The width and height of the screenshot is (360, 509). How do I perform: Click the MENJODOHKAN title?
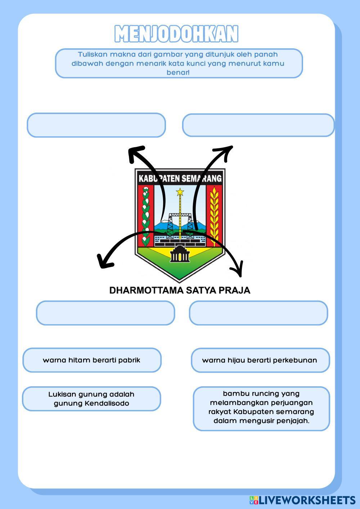[x=176, y=34]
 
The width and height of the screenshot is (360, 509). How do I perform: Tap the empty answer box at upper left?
[x=96, y=125]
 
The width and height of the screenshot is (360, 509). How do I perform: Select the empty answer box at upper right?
[x=258, y=125]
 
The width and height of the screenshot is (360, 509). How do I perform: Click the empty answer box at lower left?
[x=105, y=313]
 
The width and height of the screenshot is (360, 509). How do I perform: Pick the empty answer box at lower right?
[x=258, y=313]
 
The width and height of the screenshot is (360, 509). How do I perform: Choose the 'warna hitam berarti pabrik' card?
[x=92, y=360]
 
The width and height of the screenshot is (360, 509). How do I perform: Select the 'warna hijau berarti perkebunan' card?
[x=260, y=360]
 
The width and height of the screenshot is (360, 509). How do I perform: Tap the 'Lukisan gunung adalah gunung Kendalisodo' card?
[x=91, y=399]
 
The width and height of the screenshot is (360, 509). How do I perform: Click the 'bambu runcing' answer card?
[x=261, y=409]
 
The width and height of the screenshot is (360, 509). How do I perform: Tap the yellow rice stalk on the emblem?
[x=215, y=214]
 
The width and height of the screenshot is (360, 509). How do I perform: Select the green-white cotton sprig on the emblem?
[x=146, y=214]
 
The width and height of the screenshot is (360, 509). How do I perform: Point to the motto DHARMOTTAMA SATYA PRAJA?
[x=180, y=290]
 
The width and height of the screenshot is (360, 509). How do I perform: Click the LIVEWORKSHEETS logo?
[x=302, y=500]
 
